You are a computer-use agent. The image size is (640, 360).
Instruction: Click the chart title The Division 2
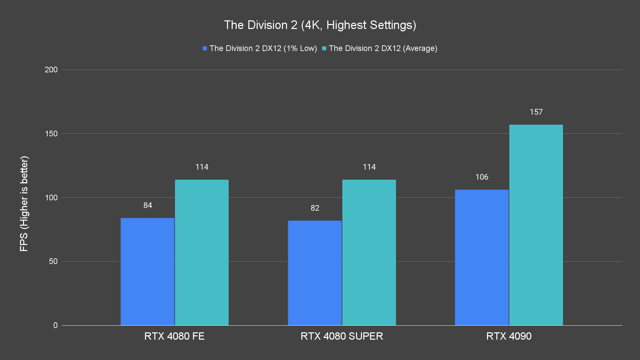320,25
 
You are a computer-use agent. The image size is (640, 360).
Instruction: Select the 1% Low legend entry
260,48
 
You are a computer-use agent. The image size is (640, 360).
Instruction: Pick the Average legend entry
380,48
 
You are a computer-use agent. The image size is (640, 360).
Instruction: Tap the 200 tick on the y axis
51,70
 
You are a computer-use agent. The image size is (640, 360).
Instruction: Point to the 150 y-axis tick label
51,134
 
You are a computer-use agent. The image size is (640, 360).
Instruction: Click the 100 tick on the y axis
51,198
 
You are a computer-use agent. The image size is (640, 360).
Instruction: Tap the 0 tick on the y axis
55,325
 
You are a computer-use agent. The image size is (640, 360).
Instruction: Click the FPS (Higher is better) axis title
24,203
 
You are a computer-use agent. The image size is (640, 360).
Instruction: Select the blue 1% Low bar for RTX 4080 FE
147,272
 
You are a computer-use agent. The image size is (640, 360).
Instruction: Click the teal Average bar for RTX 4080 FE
202,252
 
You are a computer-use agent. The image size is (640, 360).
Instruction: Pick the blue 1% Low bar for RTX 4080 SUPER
315,273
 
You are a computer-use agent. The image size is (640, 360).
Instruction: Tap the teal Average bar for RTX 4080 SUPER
369,252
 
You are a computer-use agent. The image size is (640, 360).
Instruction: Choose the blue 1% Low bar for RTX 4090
482,258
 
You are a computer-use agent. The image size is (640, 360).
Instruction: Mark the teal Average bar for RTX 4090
536,225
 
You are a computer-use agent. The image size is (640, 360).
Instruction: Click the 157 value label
536,112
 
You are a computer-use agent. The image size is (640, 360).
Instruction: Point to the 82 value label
315,208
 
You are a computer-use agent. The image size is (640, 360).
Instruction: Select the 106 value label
482,177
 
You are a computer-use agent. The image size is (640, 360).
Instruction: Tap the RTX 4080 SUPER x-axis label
342,336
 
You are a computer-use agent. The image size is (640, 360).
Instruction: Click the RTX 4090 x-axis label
509,336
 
